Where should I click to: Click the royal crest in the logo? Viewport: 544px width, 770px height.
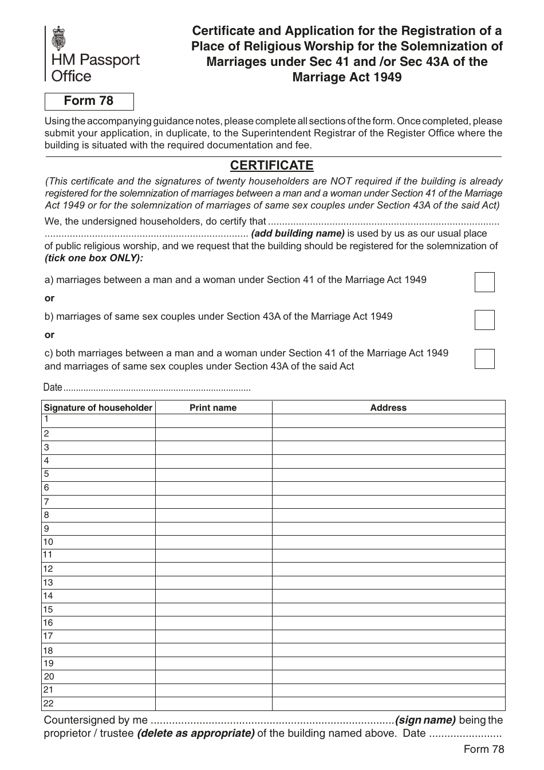tap(58, 38)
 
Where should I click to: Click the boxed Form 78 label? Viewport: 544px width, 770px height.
tap(89, 101)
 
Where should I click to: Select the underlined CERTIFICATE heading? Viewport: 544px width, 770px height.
tap(271, 166)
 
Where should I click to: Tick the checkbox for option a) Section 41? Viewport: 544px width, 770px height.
tap(484, 282)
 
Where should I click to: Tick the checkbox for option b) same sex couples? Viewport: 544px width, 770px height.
tap(484, 320)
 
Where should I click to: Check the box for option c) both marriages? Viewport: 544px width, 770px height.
tap(484, 359)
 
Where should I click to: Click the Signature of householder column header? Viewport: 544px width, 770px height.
tap(98, 407)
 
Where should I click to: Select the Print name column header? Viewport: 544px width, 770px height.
tap(213, 407)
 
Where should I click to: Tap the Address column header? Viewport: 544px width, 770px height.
tap(388, 407)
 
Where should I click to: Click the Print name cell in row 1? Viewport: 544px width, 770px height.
tap(213, 421)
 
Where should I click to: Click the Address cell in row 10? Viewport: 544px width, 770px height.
tap(388, 542)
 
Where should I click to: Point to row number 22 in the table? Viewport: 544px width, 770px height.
tap(49, 704)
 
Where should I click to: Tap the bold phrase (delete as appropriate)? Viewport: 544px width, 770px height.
tap(196, 733)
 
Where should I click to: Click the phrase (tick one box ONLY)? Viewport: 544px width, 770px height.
tap(94, 258)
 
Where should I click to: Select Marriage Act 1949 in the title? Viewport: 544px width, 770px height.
tap(347, 77)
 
